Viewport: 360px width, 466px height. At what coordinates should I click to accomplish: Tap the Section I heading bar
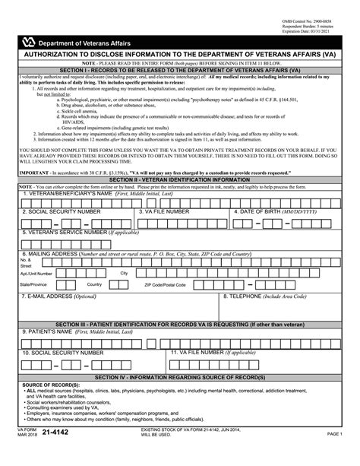point(179,68)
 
